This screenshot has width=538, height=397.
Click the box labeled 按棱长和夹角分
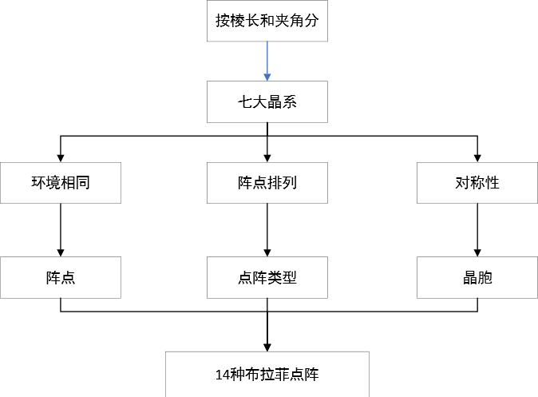[267, 22]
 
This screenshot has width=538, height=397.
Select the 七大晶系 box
[267, 102]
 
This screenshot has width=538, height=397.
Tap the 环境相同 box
[61, 183]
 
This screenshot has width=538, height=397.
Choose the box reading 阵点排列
[267, 183]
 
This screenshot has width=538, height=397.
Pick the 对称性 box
[477, 183]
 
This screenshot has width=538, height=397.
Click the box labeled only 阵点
[61, 278]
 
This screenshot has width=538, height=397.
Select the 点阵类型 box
[267, 278]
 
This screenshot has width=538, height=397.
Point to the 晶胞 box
[477, 278]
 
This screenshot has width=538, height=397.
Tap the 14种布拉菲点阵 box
[267, 374]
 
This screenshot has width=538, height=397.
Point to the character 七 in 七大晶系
[245, 102]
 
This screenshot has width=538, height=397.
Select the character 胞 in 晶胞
[485, 278]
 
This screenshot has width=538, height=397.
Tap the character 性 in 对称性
[492, 183]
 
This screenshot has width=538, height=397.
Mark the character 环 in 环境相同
[38, 183]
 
